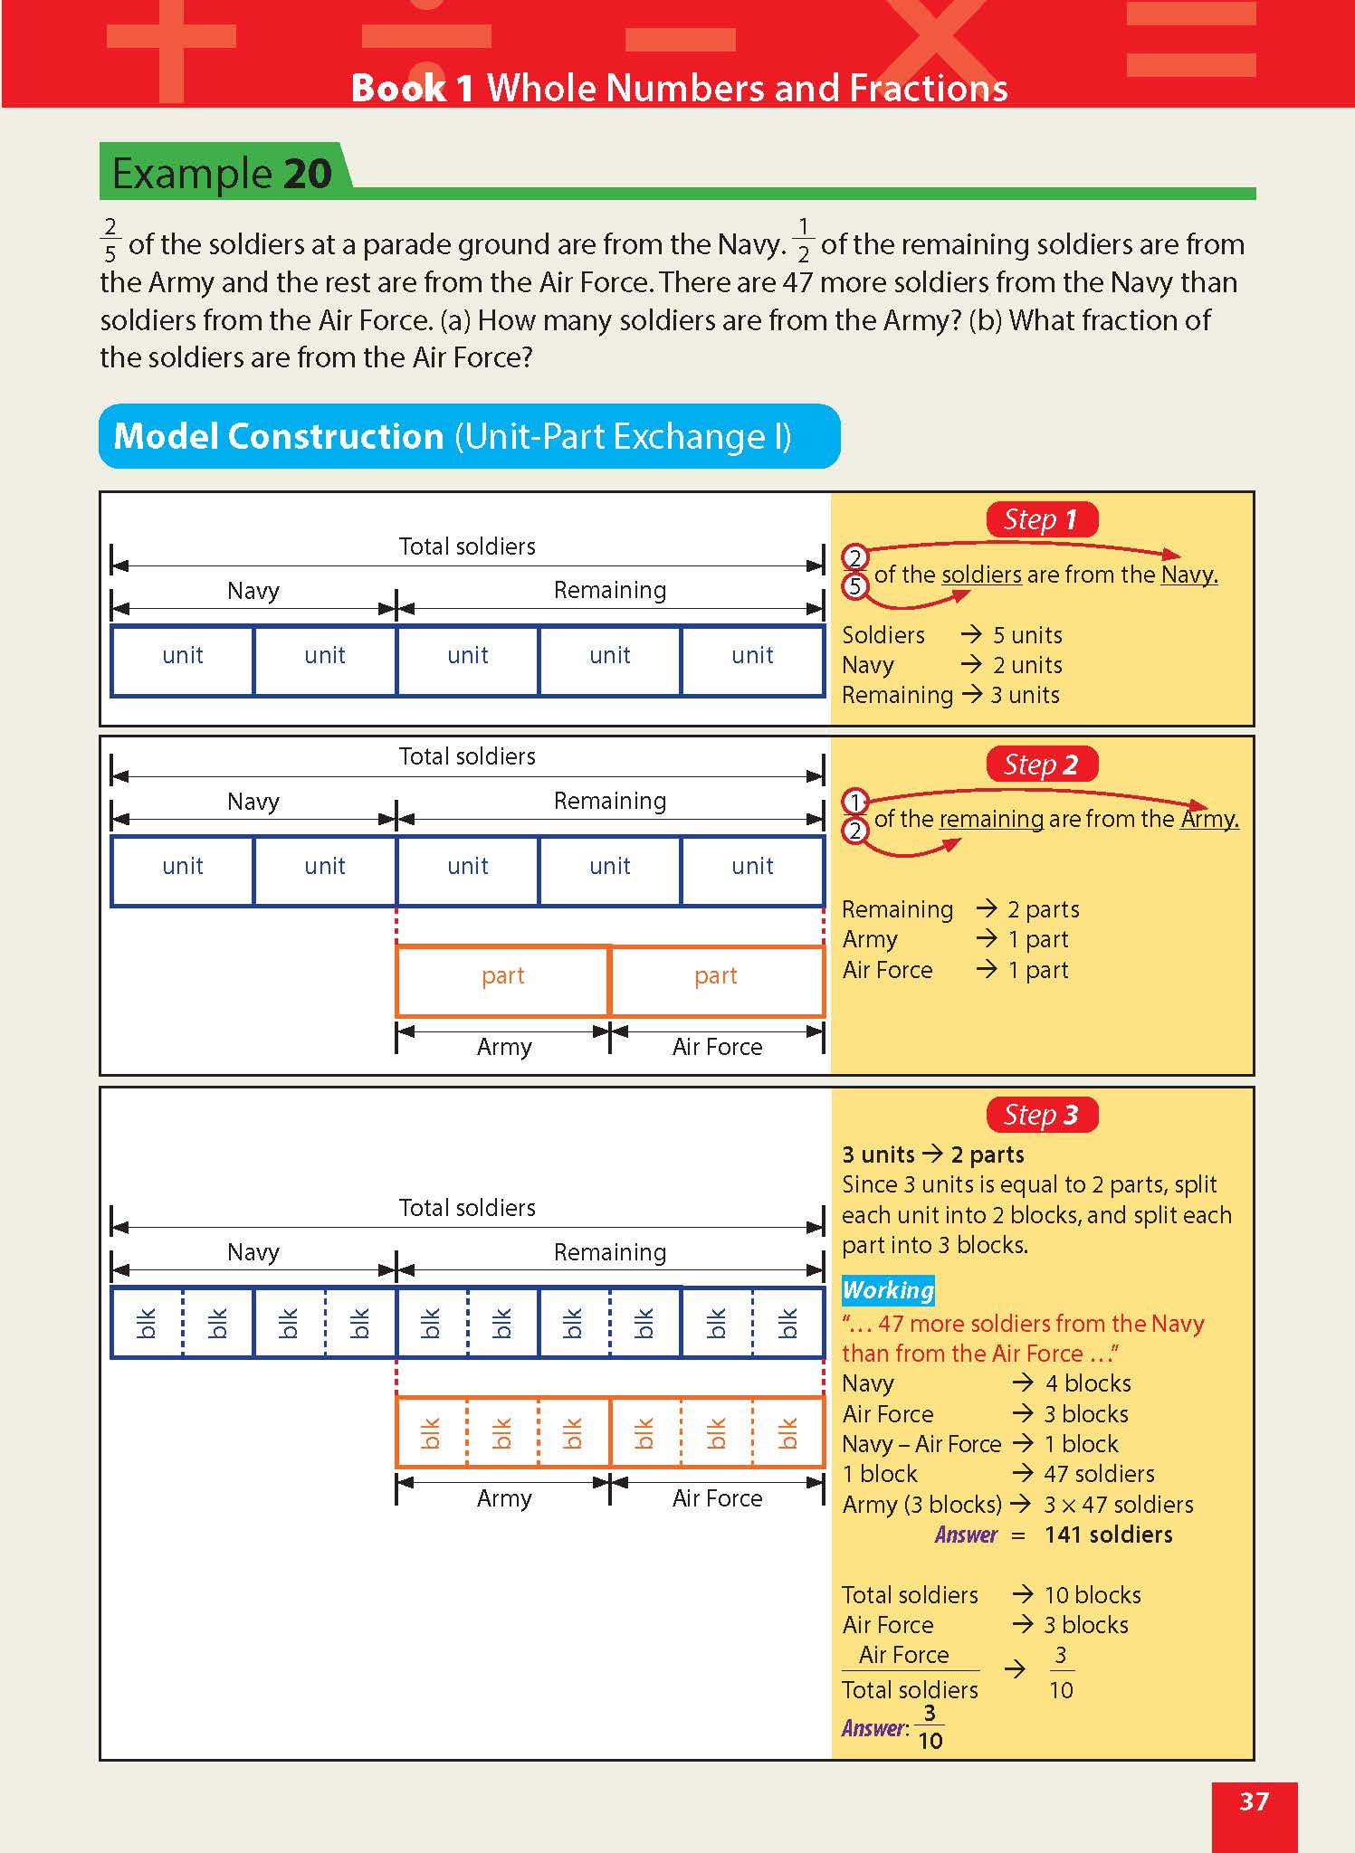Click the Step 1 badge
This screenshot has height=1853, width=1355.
1041,519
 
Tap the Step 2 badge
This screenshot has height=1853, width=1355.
1041,765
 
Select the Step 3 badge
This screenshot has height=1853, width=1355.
1041,1115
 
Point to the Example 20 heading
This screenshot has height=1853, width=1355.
222,173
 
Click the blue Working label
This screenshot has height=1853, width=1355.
888,1290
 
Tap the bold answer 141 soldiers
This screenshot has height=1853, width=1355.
1108,1535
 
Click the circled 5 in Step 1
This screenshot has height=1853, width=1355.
854,587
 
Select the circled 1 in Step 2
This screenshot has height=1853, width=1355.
854,802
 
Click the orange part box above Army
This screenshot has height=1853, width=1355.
503,981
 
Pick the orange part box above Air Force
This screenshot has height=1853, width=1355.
717,981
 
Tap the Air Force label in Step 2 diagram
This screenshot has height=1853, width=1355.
717,1047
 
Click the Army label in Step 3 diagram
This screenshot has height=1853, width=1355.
504,1498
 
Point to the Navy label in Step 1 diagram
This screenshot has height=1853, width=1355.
253,591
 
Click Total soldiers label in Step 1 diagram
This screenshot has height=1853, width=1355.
467,546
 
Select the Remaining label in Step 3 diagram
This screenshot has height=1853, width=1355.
610,1252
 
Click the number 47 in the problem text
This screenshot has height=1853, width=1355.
797,282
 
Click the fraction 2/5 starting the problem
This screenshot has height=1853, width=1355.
110,240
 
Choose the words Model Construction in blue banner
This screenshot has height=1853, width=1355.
278,436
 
